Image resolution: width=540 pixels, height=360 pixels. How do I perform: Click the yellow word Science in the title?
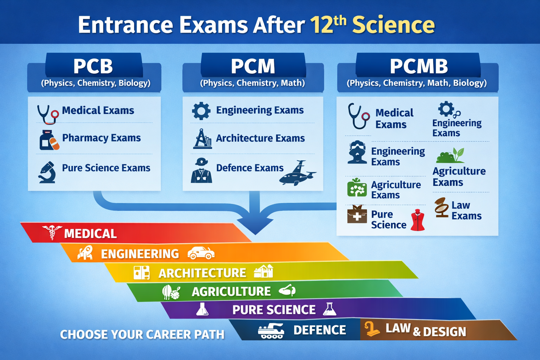tap(393, 25)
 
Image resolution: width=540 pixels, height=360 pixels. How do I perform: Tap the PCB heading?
tap(93, 66)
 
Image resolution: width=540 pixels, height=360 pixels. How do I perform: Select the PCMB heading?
tap(419, 66)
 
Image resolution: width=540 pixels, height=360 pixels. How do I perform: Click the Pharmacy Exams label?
tap(102, 138)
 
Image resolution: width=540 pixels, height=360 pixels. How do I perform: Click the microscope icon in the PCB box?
tap(47, 172)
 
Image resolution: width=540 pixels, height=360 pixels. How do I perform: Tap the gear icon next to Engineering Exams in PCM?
tap(201, 111)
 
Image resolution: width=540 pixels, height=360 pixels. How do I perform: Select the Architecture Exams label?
tap(261, 138)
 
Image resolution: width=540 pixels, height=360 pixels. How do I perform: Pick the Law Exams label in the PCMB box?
tap(467, 211)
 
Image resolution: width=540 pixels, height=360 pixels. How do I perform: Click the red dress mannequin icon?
tap(418, 220)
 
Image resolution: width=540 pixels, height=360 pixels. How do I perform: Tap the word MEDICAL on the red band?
tap(90, 234)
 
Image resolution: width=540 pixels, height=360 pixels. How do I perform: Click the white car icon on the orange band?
tap(201, 253)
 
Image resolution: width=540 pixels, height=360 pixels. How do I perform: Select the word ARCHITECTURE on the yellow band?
tap(202, 273)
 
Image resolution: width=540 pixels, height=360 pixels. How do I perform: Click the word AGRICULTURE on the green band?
tap(231, 291)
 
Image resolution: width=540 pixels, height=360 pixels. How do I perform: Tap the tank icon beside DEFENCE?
tap(271, 331)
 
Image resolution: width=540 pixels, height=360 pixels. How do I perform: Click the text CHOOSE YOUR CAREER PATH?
tap(142, 334)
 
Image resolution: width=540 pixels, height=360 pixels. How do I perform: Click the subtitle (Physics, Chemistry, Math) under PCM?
tap(252, 83)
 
